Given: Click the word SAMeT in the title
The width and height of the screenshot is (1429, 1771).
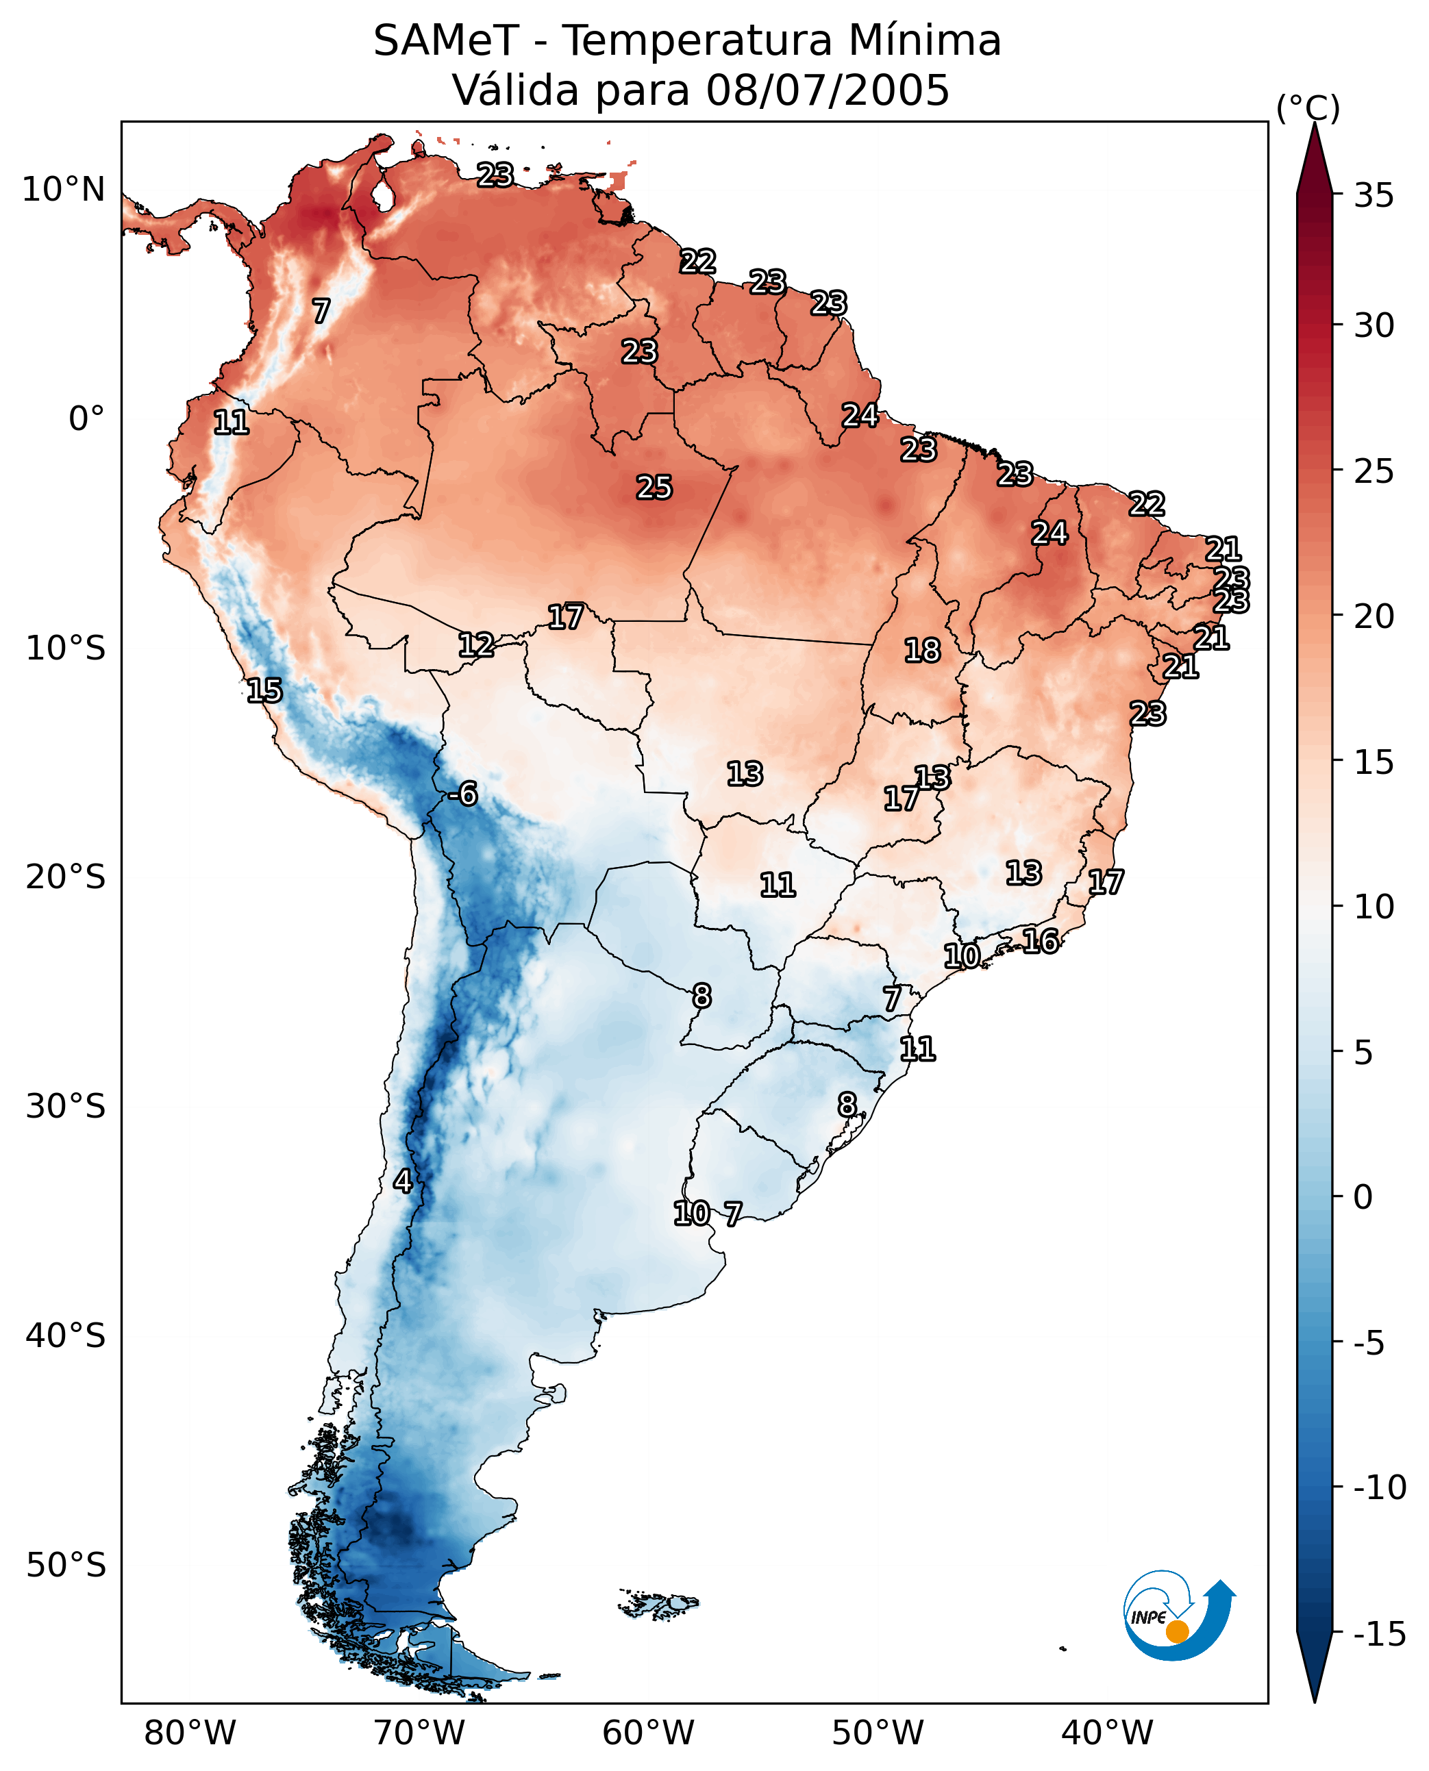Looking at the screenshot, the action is [446, 41].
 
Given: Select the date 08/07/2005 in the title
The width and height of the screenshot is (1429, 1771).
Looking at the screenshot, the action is [828, 90].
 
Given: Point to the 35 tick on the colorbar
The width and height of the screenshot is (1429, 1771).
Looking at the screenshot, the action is [1374, 196].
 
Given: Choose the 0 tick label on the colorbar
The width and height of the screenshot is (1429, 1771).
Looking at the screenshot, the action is [1363, 1197].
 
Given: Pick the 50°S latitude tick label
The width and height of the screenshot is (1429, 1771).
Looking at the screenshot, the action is [66, 1566].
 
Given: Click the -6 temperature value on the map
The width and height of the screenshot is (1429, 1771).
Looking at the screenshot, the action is [462, 794].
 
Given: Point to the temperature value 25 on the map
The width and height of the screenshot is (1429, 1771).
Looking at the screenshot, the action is [654, 488].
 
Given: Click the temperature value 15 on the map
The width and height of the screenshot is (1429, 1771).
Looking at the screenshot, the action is [264, 690].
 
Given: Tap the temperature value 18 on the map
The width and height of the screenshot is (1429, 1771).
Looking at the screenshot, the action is [922, 651].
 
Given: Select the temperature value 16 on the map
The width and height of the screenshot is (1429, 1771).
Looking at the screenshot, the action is [1041, 941].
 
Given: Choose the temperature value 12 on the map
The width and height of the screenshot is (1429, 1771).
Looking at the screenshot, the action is [476, 645].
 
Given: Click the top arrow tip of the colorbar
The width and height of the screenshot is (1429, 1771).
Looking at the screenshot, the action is [1315, 123].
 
